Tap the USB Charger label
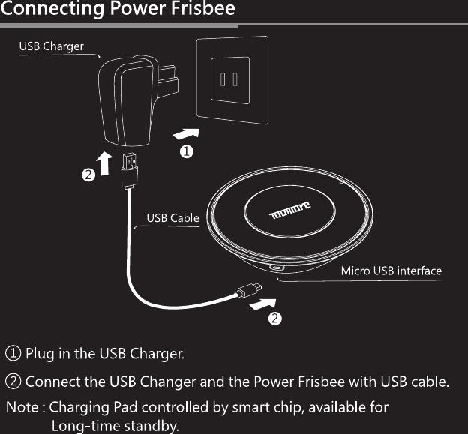(51, 46)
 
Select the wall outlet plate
(231, 78)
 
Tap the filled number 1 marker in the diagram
(184, 151)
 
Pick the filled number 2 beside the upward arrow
(88, 176)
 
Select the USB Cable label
(172, 219)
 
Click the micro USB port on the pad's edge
(278, 267)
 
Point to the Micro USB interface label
(391, 271)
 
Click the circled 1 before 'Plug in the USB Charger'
(13, 352)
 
